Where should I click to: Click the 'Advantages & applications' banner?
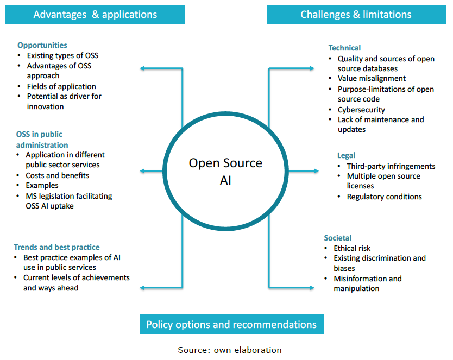pos(95,15)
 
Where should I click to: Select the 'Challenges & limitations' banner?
pos(356,15)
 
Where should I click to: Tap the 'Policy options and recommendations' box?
pos(231,324)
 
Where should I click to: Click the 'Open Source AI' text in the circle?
pos(225,172)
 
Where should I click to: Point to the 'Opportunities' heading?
pos(42,45)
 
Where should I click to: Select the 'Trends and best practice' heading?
pos(56,247)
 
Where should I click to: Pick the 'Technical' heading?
pos(344,48)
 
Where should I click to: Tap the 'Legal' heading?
pos(346,155)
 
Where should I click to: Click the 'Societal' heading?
pos(337,238)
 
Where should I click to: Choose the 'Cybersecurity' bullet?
pos(361,110)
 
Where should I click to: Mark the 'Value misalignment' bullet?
pos(372,79)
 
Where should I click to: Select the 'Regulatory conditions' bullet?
pos(384,197)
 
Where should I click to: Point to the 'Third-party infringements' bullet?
pos(391,166)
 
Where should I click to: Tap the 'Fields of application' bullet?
pos(61,86)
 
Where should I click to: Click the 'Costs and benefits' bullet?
pos(57,175)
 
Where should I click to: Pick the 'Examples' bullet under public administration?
pos(42,186)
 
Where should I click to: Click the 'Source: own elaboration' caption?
pos(230,350)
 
